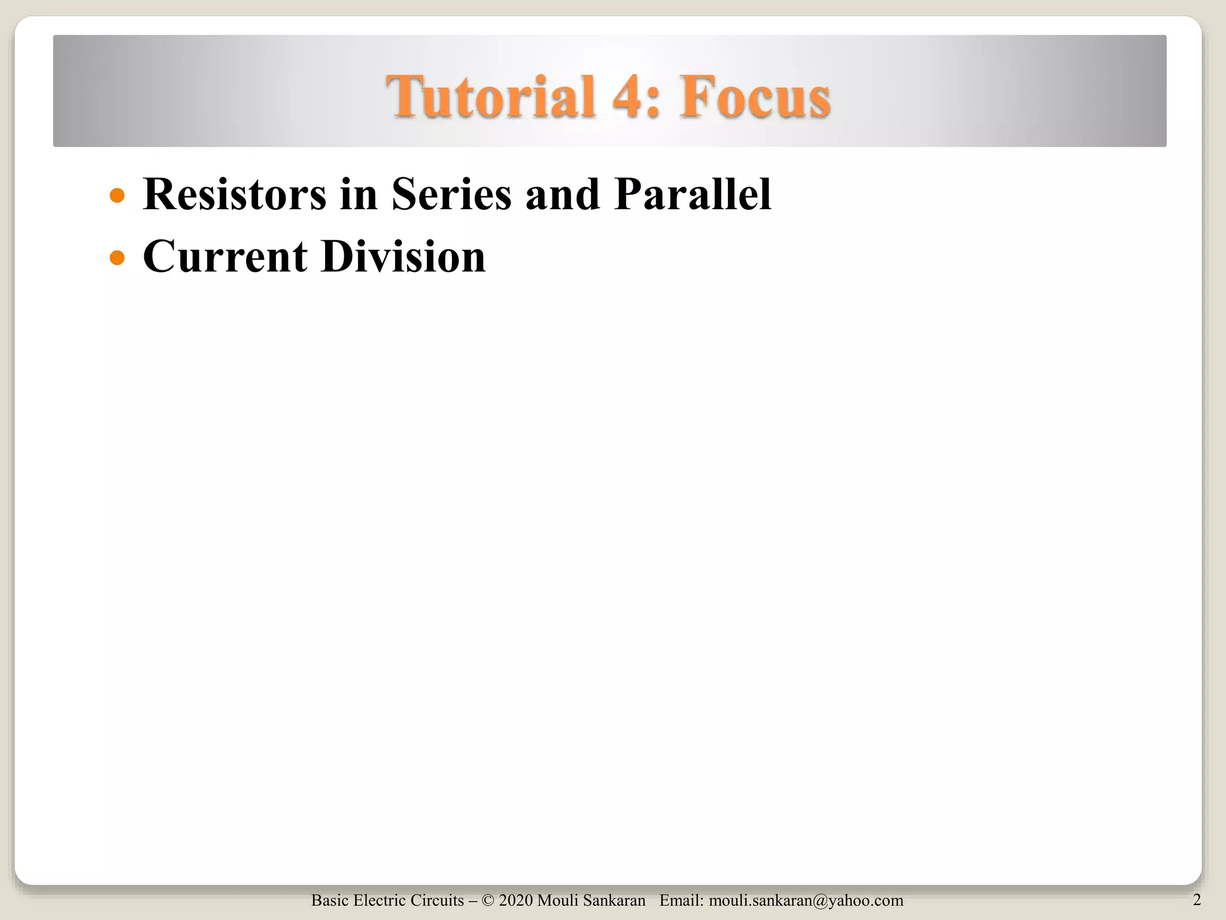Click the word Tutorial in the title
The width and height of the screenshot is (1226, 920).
coord(491,96)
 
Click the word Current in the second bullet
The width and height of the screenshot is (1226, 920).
coord(225,256)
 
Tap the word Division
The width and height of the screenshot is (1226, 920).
coord(403,256)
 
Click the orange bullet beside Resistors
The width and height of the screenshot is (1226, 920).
coord(117,196)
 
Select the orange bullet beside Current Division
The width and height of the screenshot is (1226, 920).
coord(117,258)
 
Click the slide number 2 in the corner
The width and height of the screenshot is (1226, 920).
coord(1197,900)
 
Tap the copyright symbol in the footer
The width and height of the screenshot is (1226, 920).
coord(488,900)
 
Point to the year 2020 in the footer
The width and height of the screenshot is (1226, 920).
coord(515,900)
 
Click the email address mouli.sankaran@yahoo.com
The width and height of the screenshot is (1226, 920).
coord(806,900)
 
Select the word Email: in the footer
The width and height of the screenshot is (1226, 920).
coord(681,900)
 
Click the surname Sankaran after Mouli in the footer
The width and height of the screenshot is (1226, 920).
coord(617,900)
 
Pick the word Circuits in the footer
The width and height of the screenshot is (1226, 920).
coord(438,900)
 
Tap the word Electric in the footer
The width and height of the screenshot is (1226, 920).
coord(381,900)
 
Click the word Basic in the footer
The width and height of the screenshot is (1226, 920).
coord(329,900)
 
